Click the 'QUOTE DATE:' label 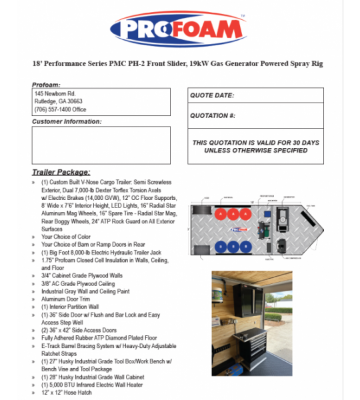[213, 95]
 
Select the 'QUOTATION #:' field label [213, 115]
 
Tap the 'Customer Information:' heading [67, 122]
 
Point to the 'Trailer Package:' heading [61, 172]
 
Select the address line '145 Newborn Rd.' [55, 94]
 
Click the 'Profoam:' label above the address [46, 85]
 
